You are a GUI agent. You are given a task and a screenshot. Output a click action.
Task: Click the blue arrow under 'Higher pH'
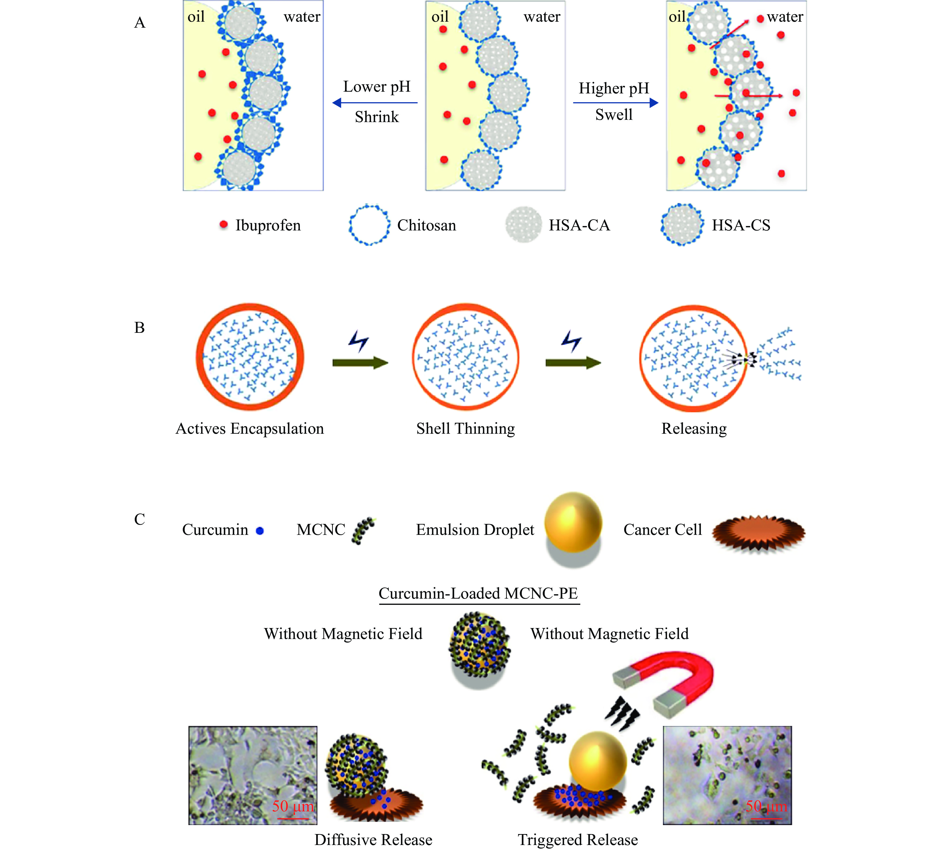615,103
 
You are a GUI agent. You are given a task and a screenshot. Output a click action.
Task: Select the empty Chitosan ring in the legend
369,225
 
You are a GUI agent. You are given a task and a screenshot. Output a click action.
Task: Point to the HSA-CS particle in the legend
682,225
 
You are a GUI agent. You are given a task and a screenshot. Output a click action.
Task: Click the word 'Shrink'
377,117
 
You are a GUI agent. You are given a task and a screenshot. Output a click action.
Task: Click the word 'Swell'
614,115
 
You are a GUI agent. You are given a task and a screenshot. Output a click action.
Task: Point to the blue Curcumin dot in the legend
260,531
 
